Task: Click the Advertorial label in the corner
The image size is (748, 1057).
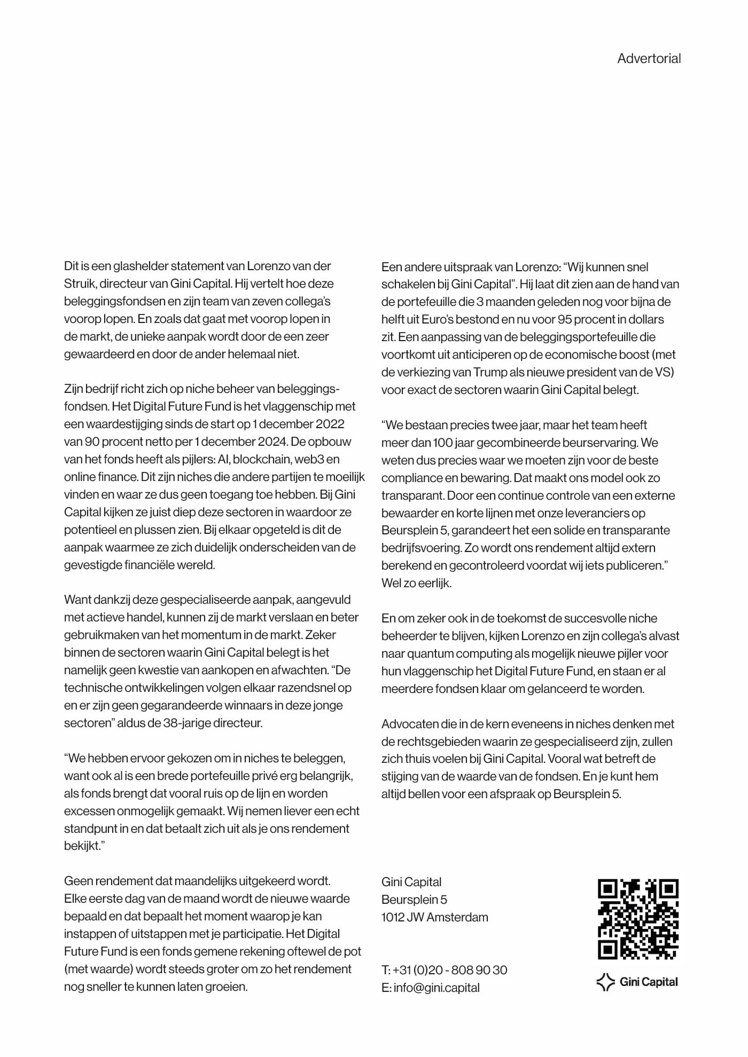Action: pos(649,58)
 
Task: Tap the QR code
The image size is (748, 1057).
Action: pos(638,919)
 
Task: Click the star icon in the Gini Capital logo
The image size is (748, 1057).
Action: pos(605,982)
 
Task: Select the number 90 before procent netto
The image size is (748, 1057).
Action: pos(93,441)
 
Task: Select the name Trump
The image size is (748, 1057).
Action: pos(489,372)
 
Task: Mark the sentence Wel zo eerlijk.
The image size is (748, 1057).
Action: pos(416,583)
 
